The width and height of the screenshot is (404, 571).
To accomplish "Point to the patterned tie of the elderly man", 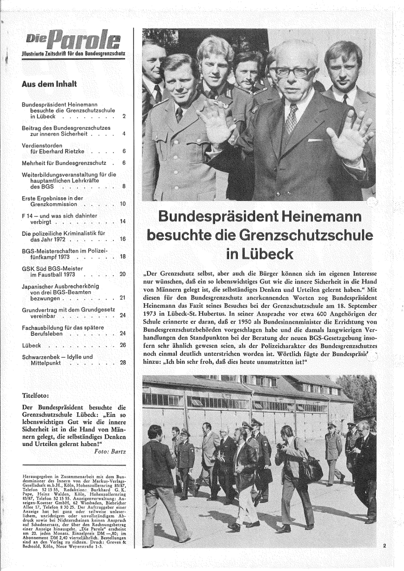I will [x=291, y=119].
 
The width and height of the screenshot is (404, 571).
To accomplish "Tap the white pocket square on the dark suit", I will [x=315, y=140].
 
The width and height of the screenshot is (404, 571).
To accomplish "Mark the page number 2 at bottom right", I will [x=385, y=546].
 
